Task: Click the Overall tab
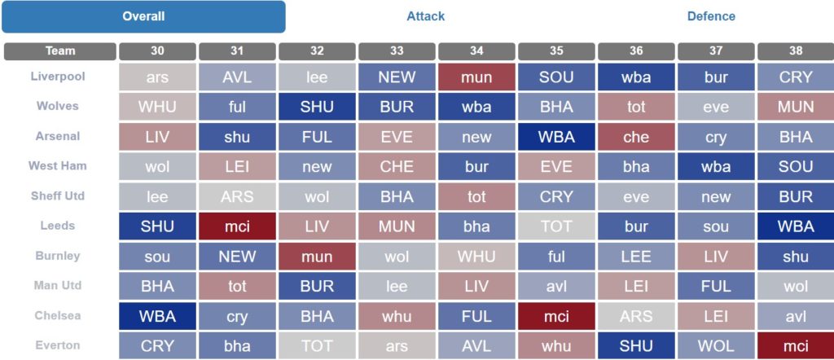pos(143,16)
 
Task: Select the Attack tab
pos(425,16)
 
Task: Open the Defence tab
pos(711,16)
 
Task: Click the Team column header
pos(60,51)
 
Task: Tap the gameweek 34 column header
pos(476,51)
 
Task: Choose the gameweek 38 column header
pos(796,51)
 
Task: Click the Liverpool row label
pos(58,76)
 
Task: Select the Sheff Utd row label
pos(58,195)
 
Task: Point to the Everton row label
pos(58,345)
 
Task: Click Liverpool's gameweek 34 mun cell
pos(476,77)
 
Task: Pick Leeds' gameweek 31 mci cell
pos(237,226)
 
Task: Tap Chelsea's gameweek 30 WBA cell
pos(157,316)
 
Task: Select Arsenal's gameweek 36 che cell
pos(636,137)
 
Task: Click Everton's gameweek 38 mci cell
pos(796,346)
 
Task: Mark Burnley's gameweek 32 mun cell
pos(317,257)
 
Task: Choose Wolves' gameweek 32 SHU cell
pos(317,107)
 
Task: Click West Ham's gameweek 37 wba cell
pos(716,166)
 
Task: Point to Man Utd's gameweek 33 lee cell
pos(397,286)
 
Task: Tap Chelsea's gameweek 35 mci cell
pos(556,316)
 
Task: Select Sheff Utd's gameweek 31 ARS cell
pos(237,197)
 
